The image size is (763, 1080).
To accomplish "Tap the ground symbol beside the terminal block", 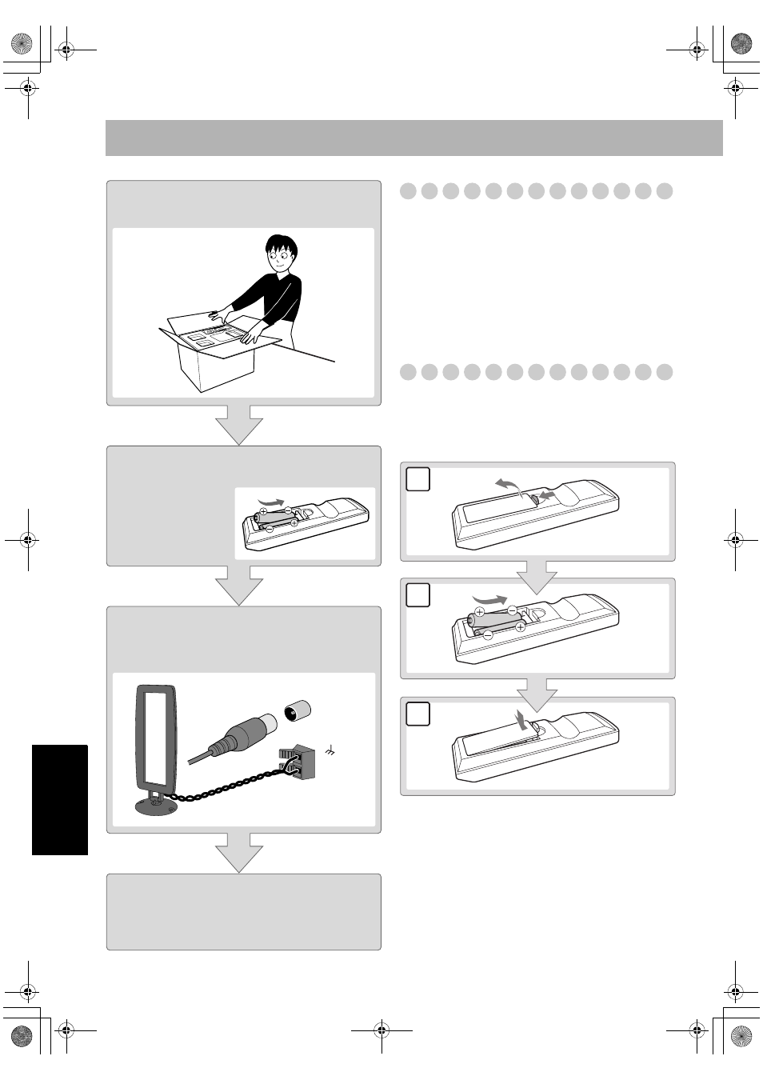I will coord(330,750).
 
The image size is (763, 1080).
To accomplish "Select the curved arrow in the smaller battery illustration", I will coord(271,502).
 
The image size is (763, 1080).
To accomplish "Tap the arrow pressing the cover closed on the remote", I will coord(521,719).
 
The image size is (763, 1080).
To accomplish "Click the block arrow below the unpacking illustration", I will coord(239,425).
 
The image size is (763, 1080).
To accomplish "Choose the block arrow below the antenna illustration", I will coord(239,852).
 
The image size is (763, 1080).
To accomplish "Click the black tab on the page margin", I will coord(60,799).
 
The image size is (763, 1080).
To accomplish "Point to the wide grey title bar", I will coord(413,138).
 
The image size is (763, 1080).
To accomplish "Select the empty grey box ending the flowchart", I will coord(243,911).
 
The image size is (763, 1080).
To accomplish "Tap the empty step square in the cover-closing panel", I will coord(418,714).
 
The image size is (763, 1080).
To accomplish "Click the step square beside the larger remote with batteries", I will coord(418,595).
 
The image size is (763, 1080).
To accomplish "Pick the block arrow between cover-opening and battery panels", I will coord(537,577).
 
